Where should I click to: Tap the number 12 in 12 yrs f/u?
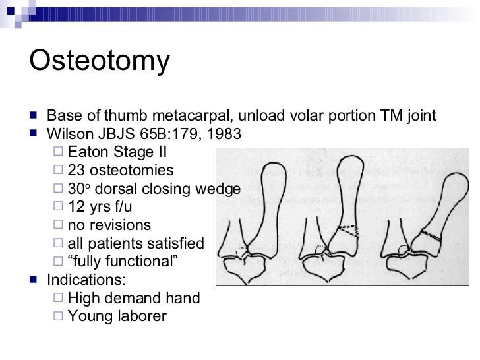[x=76, y=207]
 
